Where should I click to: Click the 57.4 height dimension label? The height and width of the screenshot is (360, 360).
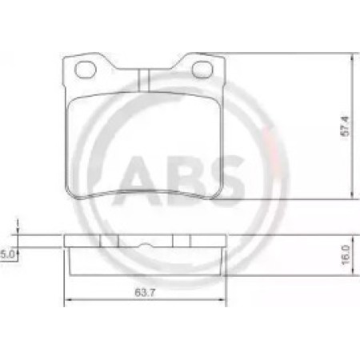pyautogui.click(x=346, y=126)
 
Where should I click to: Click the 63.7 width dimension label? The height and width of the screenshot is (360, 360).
pyautogui.click(x=145, y=293)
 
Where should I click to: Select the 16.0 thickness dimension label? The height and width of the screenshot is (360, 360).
pyautogui.click(x=346, y=255)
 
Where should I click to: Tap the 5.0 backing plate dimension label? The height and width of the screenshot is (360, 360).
pyautogui.click(x=7, y=254)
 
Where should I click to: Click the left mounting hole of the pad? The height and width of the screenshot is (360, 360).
pyautogui.click(x=85, y=70)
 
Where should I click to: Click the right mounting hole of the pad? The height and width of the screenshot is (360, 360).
pyautogui.click(x=202, y=70)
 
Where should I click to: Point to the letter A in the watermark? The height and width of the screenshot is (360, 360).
pyautogui.click(x=136, y=182)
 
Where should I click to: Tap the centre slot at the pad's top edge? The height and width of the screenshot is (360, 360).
pyautogui.click(x=144, y=80)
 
